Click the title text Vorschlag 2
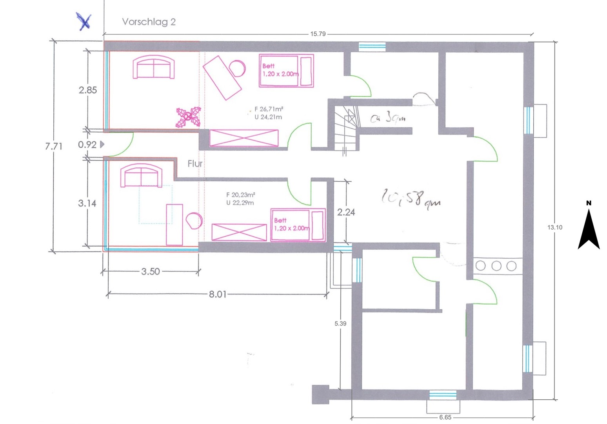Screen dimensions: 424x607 pyautogui.click(x=149, y=22)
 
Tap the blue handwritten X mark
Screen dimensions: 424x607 pyautogui.click(x=84, y=21)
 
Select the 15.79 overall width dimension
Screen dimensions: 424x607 pyautogui.click(x=318, y=34)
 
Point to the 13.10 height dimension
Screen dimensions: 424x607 pyautogui.click(x=555, y=227)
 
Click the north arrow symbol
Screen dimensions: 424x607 pyautogui.click(x=589, y=228)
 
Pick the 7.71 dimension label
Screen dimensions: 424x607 pyautogui.click(x=54, y=146)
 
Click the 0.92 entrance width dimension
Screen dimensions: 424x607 pyautogui.click(x=87, y=144)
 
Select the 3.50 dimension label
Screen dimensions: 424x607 pyautogui.click(x=151, y=272)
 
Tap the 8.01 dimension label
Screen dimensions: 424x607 pyautogui.click(x=217, y=294)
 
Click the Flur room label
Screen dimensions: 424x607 pyautogui.click(x=195, y=164)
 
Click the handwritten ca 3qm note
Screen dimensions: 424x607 pyautogui.click(x=388, y=117)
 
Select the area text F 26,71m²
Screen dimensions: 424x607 pyautogui.click(x=269, y=110)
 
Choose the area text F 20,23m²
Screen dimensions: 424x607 pyautogui.click(x=240, y=195)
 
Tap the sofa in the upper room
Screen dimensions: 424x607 pyautogui.click(x=154, y=68)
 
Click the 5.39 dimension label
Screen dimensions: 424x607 pyautogui.click(x=340, y=324)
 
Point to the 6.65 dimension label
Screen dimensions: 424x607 pyautogui.click(x=445, y=418)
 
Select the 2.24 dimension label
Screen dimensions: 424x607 pyautogui.click(x=346, y=212)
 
